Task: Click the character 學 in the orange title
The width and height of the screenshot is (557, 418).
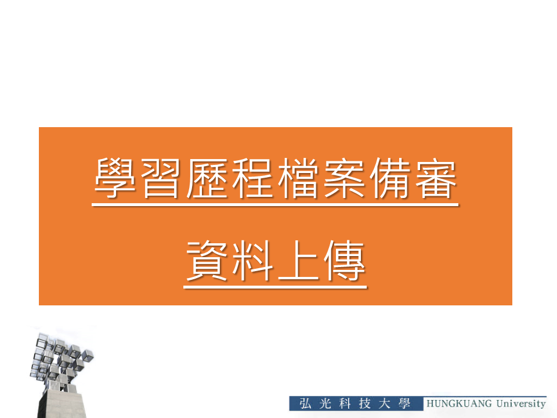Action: (115, 178)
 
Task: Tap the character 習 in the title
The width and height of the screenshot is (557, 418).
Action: (161, 178)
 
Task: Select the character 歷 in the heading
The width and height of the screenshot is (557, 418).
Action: (207, 178)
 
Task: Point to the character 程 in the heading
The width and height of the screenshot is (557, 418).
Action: (252, 178)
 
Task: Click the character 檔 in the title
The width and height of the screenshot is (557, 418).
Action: (298, 178)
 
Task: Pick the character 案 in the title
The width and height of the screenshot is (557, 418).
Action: (343, 178)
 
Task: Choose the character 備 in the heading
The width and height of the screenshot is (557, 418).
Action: (389, 178)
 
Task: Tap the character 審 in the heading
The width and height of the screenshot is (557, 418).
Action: (436, 178)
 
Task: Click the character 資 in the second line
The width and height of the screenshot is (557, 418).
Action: (207, 261)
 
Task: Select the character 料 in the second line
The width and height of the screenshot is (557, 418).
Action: (252, 261)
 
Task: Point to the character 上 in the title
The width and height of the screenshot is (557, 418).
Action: (298, 261)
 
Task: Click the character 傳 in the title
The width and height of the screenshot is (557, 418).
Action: (344, 261)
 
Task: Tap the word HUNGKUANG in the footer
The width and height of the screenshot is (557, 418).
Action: (459, 403)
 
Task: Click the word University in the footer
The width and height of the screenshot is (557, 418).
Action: (521, 404)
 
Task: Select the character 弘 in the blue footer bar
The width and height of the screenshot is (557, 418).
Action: (305, 403)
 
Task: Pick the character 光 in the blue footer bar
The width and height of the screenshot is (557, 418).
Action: (325, 403)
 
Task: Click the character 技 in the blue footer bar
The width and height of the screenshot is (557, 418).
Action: (365, 403)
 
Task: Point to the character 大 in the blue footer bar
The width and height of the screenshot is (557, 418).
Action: (385, 403)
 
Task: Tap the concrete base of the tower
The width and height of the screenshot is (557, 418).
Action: (62, 403)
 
